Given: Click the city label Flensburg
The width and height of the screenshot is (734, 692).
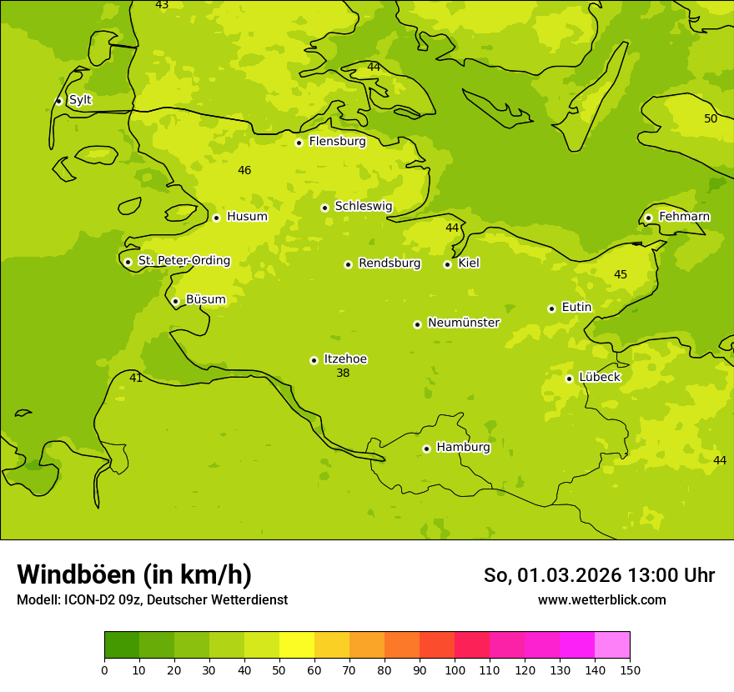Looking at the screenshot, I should pyautogui.click(x=337, y=142).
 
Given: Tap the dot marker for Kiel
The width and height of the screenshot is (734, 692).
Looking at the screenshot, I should pyautogui.click(x=447, y=264).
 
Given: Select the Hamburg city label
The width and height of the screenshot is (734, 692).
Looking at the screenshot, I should pyautogui.click(x=463, y=448).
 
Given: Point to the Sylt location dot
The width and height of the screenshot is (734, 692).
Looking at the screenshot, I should pyautogui.click(x=58, y=101).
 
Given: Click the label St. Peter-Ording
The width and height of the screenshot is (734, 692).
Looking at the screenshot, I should pyautogui.click(x=183, y=261).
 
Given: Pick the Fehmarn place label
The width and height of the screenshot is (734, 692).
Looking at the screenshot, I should pyautogui.click(x=684, y=217).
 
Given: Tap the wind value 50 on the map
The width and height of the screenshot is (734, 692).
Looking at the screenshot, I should pyautogui.click(x=711, y=119).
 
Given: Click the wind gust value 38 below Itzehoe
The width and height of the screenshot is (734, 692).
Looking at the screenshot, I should pyautogui.click(x=343, y=374).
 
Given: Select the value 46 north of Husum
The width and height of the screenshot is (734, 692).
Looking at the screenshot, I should pyautogui.click(x=244, y=171).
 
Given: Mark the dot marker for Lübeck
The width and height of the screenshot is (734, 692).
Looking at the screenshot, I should pyautogui.click(x=569, y=379).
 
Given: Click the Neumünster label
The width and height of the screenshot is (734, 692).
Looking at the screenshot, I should pyautogui.click(x=463, y=323).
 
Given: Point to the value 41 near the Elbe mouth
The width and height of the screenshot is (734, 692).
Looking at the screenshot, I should pyautogui.click(x=136, y=379).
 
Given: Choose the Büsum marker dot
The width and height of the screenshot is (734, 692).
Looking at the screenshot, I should pyautogui.click(x=175, y=301).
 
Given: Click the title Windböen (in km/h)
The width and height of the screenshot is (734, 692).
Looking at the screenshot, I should pyautogui.click(x=134, y=574).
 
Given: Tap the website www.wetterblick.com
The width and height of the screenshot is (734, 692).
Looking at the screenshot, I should pyautogui.click(x=601, y=600).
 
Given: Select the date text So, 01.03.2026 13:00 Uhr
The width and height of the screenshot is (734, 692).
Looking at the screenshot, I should pyautogui.click(x=599, y=575).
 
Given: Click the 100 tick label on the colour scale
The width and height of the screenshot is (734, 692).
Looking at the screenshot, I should pyautogui.click(x=455, y=669).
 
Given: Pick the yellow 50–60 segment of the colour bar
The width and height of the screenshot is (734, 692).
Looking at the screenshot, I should pyautogui.click(x=297, y=645).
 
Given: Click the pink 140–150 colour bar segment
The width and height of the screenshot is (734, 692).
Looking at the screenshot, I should pyautogui.click(x=612, y=645).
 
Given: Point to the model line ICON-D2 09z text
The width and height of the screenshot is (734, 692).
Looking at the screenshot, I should pyautogui.click(x=152, y=600).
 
